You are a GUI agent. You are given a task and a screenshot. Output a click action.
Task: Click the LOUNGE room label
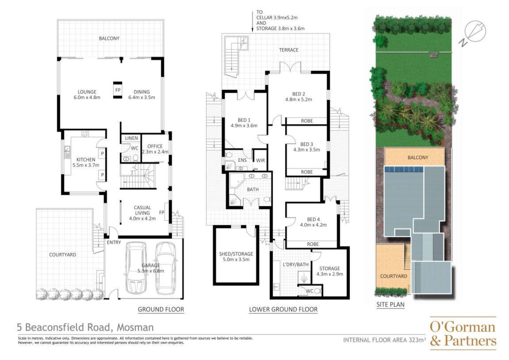point(87,92)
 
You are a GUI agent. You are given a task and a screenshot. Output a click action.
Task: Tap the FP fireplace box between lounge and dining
point(118,90)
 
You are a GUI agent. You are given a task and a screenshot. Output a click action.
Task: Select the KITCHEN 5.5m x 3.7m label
point(86,162)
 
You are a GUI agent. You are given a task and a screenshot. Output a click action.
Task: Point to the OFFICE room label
point(155,146)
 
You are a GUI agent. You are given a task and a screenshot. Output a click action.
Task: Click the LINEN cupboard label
point(131,138)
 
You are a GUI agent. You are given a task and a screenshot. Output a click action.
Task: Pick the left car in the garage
point(136,268)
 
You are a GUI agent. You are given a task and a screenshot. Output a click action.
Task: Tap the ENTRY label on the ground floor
point(114,242)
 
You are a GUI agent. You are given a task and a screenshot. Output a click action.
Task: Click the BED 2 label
point(299,94)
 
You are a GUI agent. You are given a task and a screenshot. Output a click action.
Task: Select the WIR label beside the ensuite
point(260,161)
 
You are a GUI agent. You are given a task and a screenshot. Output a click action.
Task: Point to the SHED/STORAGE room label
point(236,254)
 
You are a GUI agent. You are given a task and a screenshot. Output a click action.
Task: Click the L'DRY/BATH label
point(296,264)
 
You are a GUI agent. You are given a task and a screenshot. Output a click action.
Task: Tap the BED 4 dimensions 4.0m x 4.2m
point(313,225)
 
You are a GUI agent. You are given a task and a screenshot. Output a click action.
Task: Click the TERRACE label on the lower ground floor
point(289,50)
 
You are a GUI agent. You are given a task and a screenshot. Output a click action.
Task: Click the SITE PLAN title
point(390,304)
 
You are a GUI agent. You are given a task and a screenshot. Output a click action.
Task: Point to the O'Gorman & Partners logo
point(463,333)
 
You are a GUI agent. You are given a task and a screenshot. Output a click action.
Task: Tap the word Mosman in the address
point(135,327)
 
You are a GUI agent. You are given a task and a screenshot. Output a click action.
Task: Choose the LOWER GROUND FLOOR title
point(283,309)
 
